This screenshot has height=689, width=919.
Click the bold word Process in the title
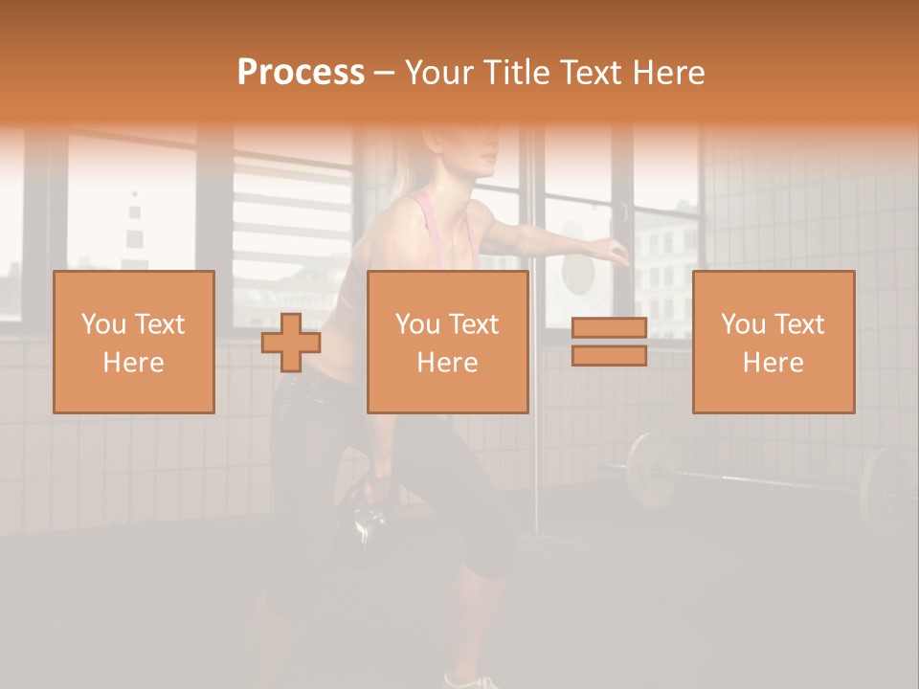click(301, 73)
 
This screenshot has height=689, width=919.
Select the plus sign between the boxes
click(291, 343)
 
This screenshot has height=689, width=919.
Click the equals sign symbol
click(609, 342)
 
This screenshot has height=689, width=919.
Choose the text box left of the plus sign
click(134, 342)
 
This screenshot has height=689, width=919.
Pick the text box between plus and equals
click(447, 342)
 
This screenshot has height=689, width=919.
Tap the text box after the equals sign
click(773, 342)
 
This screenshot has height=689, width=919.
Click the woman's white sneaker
click(474, 681)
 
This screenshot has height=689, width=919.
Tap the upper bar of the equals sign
click(609, 328)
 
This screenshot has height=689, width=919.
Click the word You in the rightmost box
click(742, 324)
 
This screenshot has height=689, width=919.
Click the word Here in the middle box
click(447, 363)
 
